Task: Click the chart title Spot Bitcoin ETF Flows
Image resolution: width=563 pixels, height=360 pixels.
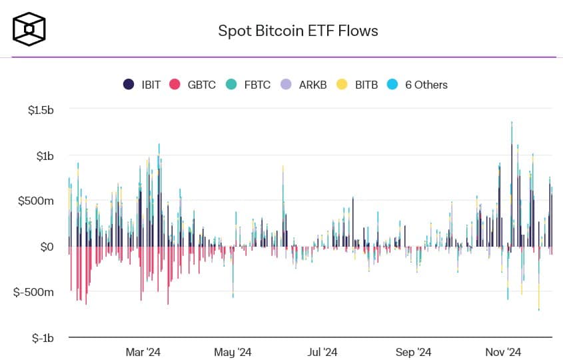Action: coord(298,31)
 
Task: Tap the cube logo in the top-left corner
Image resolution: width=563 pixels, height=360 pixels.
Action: coord(29,29)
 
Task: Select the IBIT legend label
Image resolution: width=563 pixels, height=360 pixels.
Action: coord(151,85)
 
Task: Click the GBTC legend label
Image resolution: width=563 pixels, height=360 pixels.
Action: coord(201,85)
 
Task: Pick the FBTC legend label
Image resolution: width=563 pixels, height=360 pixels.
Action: coord(257,85)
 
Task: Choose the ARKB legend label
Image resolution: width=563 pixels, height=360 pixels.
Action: coord(312,85)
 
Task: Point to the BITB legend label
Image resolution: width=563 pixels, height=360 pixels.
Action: coord(366,85)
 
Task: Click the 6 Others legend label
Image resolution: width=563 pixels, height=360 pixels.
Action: coord(426,85)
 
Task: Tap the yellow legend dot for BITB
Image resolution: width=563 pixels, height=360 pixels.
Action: coord(342,85)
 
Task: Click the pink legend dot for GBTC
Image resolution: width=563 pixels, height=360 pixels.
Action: coord(175,85)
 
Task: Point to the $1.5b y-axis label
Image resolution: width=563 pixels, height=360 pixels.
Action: coord(41,109)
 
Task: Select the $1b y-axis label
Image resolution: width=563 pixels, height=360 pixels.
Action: coord(46,155)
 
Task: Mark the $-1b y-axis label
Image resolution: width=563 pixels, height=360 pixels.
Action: coord(43,338)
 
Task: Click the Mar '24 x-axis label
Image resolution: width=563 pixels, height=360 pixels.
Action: coord(143,352)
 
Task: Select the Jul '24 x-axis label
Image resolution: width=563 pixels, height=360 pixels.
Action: coord(323,352)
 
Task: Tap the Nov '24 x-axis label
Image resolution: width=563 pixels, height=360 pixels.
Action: coord(503,352)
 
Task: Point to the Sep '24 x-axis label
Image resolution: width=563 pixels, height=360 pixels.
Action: coord(414,352)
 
